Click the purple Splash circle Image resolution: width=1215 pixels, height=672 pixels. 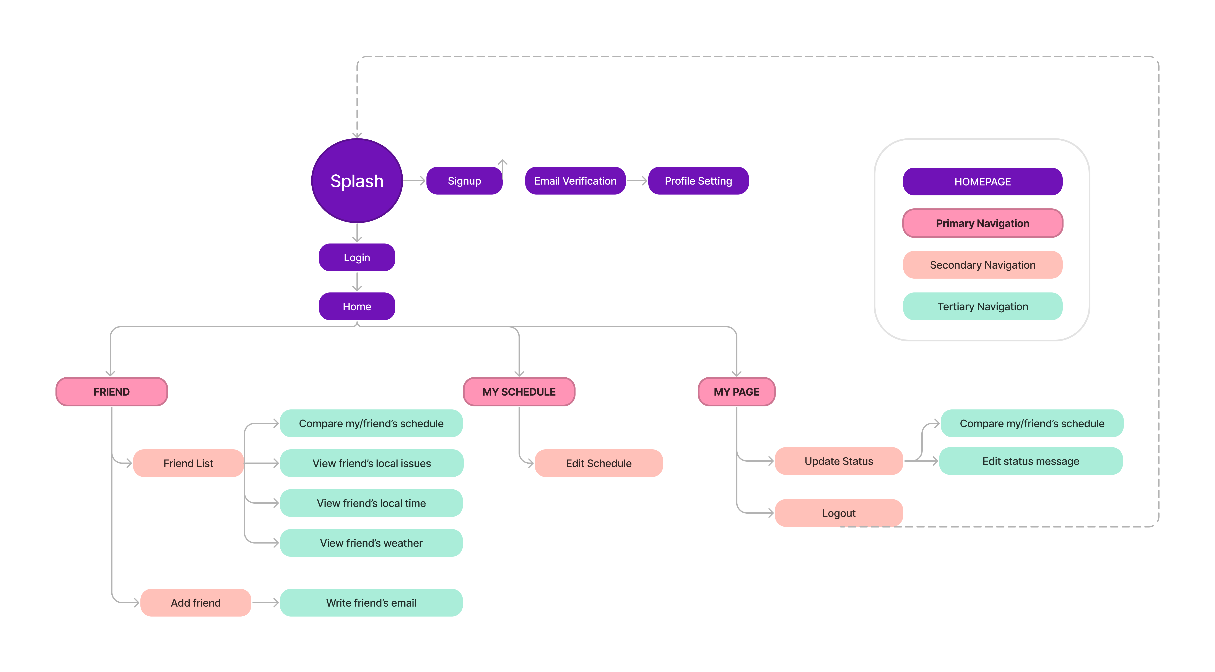click(357, 181)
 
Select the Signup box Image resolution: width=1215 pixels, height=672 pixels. click(464, 181)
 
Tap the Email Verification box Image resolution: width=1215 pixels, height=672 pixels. click(575, 181)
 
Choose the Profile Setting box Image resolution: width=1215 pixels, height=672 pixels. click(698, 181)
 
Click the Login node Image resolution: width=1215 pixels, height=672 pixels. click(357, 258)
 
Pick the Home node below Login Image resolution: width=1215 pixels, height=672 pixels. click(357, 307)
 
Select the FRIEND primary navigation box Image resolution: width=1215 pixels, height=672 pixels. click(112, 392)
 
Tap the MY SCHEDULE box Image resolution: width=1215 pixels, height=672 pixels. click(519, 392)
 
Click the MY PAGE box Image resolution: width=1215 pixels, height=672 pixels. click(736, 392)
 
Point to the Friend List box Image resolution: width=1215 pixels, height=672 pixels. click(188, 463)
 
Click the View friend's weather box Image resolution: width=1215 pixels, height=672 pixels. click(371, 543)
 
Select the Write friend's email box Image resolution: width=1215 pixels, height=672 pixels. click(371, 603)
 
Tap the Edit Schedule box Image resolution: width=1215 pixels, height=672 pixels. click(599, 463)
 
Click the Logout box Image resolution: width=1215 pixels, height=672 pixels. click(839, 513)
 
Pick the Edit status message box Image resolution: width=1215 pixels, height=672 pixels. click(1031, 461)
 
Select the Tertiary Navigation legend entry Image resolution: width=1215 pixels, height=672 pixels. click(982, 307)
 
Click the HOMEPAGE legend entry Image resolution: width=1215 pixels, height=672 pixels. click(982, 182)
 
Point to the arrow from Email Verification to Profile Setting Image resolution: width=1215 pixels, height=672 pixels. click(637, 181)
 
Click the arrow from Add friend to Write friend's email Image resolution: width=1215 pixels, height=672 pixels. click(265, 603)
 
